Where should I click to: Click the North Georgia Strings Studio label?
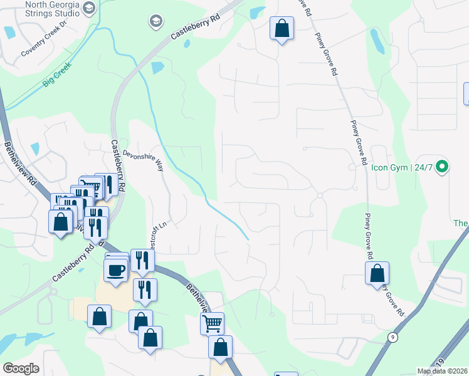pyautogui.click(x=48, y=8)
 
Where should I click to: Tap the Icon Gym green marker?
pyautogui.click(x=442, y=167)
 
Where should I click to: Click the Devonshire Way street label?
pyautogui.click(x=143, y=160)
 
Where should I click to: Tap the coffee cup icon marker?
pyautogui.click(x=115, y=269)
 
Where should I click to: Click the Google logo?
pyautogui.click(x=21, y=368)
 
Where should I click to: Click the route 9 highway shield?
pyautogui.click(x=393, y=337)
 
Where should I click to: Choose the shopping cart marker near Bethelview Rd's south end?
pyautogui.click(x=212, y=323)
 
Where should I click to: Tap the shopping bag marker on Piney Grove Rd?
pyautogui.click(x=377, y=273)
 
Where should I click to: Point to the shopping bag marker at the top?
pyautogui.click(x=282, y=28)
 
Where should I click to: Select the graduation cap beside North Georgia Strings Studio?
pyautogui.click(x=88, y=8)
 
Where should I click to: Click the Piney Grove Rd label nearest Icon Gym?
pyautogui.click(x=358, y=143)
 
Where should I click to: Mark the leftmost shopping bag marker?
pyautogui.click(x=60, y=222)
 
